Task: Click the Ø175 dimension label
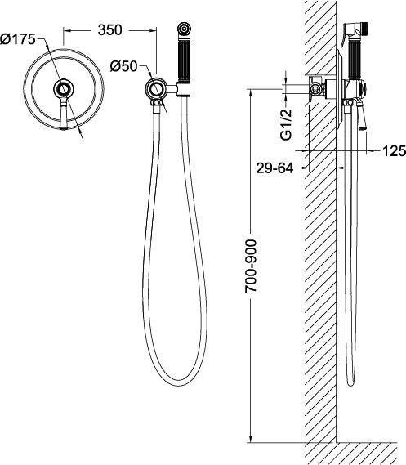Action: click(x=18, y=39)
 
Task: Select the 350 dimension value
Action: click(x=109, y=30)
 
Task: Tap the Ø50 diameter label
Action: click(x=124, y=66)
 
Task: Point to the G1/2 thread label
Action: click(x=286, y=124)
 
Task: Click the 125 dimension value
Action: click(x=394, y=151)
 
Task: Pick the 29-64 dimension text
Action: click(x=274, y=168)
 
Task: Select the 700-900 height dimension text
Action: click(x=251, y=266)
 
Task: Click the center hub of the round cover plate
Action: click(x=64, y=88)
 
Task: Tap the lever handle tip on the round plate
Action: click(x=64, y=127)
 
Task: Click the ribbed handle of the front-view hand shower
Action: click(x=184, y=61)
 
